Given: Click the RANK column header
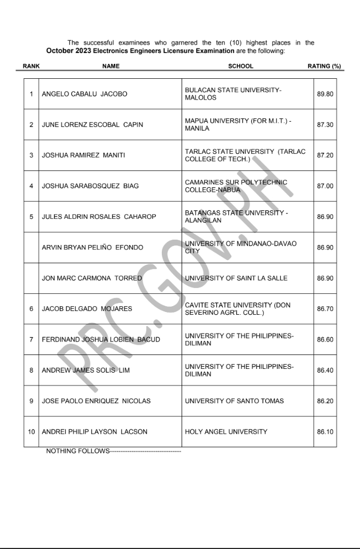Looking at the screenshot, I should tap(31, 66).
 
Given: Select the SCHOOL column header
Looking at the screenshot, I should tap(241, 66).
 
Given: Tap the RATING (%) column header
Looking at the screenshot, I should tap(324, 66).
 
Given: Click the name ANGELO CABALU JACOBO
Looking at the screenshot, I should tap(85, 94).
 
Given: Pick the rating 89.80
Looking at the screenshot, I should tap(325, 94).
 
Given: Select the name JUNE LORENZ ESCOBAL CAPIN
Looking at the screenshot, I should tap(93, 125).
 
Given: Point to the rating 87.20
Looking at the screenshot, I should tap(325, 155).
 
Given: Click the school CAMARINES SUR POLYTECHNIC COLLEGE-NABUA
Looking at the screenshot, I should tap(236, 186).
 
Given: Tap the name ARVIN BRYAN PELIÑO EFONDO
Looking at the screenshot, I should tap(93, 248).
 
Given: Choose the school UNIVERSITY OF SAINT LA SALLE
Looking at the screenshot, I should tap(236, 278).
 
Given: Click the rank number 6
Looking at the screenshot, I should tap(32, 309).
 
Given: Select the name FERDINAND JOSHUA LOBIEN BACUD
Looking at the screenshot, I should tap(101, 339).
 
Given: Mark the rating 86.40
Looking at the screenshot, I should tap(325, 370).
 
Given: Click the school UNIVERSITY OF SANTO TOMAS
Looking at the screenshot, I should tap(234, 401).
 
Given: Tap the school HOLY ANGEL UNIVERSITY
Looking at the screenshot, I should tap(226, 432).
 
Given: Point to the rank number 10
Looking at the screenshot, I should tap(32, 432).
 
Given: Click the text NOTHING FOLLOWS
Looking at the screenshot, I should tap(78, 451).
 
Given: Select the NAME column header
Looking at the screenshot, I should tap(111, 66).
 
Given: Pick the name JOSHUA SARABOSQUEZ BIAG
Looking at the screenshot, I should tap(90, 186).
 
